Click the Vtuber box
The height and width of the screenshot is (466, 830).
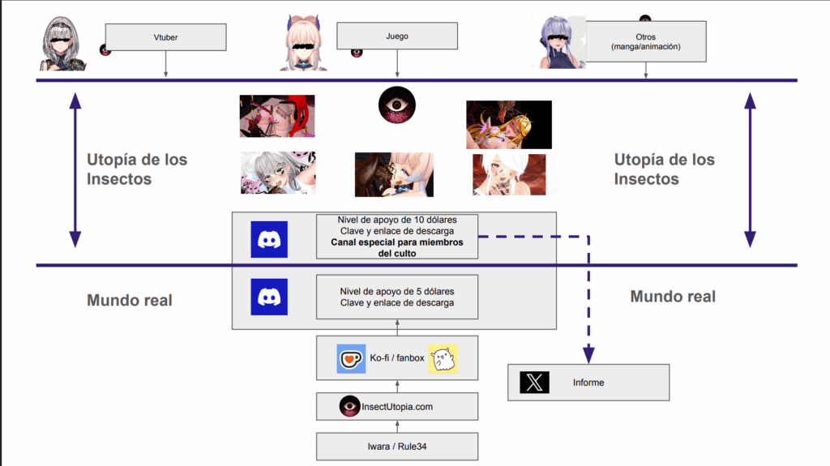[165, 37]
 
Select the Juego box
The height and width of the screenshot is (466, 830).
[397, 36]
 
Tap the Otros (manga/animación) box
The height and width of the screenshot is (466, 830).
[646, 41]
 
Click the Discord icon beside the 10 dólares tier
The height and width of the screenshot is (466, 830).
[269, 239]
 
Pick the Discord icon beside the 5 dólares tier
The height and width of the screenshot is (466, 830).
[269, 297]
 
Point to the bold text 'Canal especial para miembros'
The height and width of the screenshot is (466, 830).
[397, 242]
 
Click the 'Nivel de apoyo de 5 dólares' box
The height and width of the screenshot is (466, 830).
[397, 297]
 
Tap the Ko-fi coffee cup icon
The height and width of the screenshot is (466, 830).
[351, 358]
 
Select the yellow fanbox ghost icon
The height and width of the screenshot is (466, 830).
[443, 358]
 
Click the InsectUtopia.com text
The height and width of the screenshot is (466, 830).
[397, 407]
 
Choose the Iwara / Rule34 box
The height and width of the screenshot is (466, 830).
[397, 447]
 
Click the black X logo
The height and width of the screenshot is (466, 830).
[534, 383]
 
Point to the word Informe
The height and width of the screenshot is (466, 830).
[588, 383]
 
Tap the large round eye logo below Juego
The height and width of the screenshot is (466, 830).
[397, 105]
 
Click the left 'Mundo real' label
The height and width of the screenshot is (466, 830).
[130, 300]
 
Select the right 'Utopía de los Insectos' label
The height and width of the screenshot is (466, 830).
[665, 169]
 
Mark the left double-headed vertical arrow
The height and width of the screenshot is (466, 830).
[75, 170]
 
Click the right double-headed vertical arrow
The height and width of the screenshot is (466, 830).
[750, 170]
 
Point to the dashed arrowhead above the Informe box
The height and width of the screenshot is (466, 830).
[588, 355]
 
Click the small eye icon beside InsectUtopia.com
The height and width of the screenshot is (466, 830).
[349, 406]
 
